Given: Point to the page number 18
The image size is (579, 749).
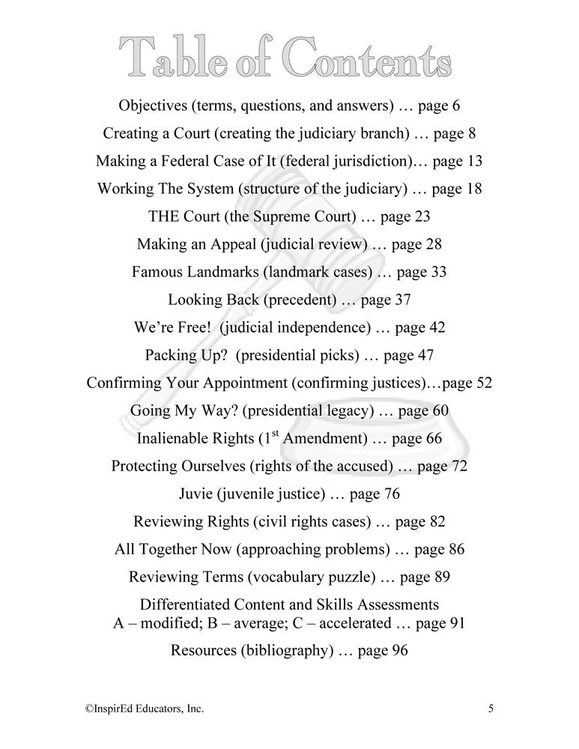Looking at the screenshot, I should point(474,189).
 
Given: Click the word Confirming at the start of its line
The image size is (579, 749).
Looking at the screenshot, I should point(125,383).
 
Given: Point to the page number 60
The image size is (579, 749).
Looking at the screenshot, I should point(440,410).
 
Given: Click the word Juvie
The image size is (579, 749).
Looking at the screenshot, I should point(198,494).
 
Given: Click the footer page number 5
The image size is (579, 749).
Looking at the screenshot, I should point(491,707).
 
